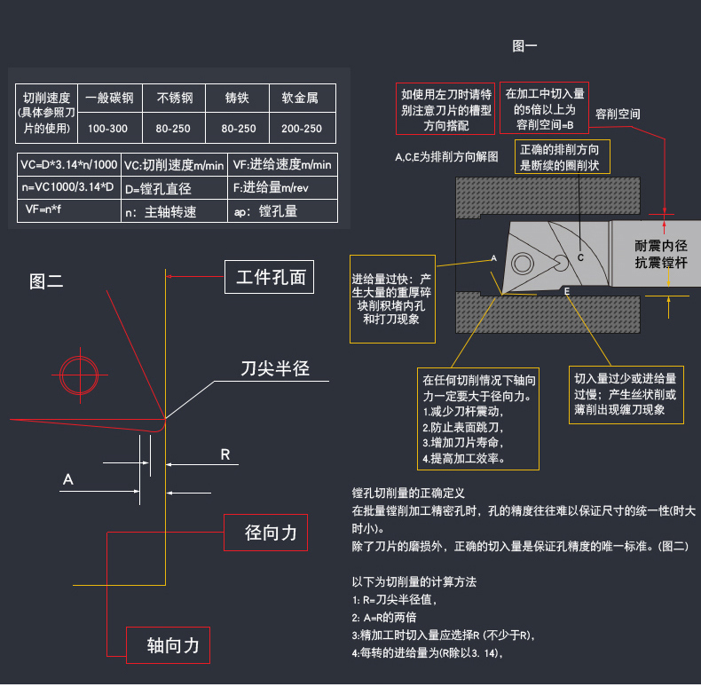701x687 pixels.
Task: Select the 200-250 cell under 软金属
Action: (302, 129)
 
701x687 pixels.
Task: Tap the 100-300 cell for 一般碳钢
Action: (108, 129)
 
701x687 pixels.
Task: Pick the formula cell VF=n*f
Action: (44, 211)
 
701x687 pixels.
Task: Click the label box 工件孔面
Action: (270, 278)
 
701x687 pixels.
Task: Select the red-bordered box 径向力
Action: (265, 533)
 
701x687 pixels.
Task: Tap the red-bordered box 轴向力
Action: (169, 645)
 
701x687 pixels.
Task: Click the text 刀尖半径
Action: (275, 368)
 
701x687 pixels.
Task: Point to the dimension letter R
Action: (225, 454)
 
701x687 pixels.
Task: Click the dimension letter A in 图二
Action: (67, 480)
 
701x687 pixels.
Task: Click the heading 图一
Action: (525, 45)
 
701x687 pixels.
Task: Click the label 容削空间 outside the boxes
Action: (618, 114)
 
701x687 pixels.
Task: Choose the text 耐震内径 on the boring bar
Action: (661, 245)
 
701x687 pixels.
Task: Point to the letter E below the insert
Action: (567, 291)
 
